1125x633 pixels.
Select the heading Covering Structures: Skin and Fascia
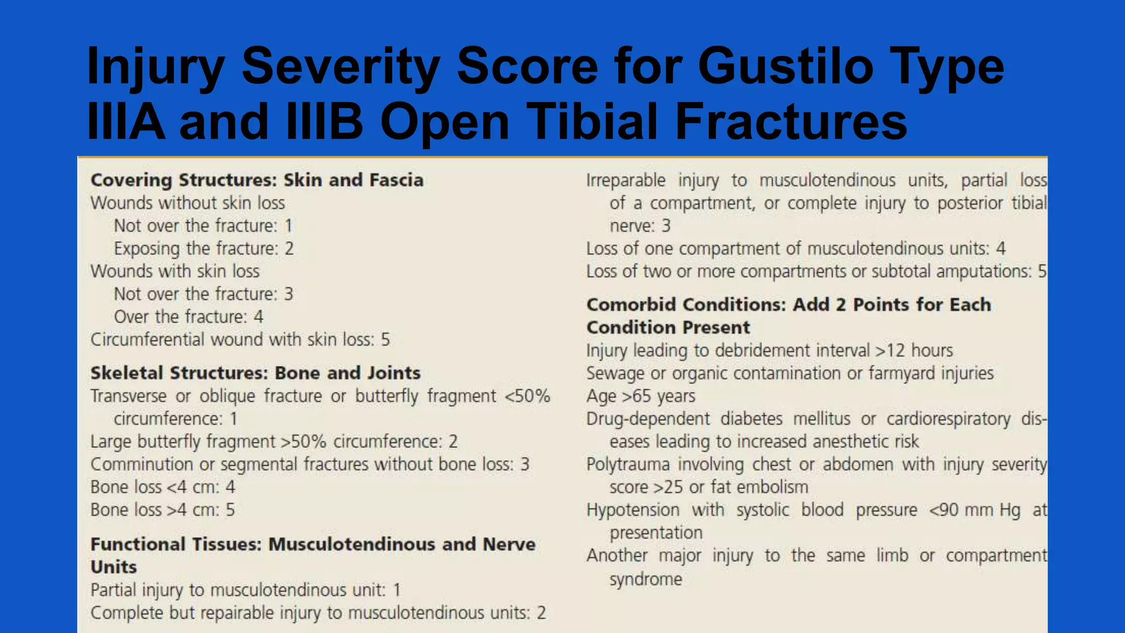(x=257, y=180)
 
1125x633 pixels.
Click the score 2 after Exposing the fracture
(x=289, y=248)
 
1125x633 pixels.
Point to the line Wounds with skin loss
(x=175, y=271)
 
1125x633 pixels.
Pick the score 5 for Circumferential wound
(x=386, y=340)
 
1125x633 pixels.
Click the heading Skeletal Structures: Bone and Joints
(x=255, y=373)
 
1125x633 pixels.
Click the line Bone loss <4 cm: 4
(x=163, y=487)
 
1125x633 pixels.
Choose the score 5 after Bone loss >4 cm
(x=230, y=510)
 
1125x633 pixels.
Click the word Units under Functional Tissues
(x=114, y=567)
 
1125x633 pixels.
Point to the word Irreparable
(x=626, y=180)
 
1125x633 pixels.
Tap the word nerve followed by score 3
(x=632, y=226)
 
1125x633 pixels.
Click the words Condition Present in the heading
(x=668, y=327)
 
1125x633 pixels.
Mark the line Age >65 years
(x=641, y=396)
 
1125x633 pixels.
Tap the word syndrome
(x=645, y=579)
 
